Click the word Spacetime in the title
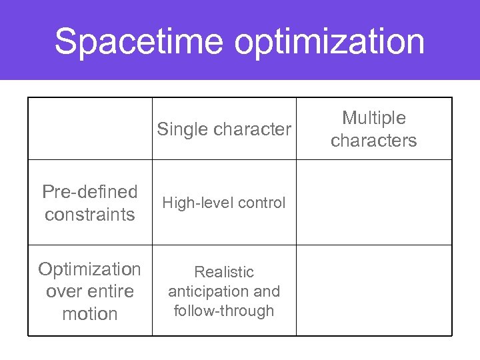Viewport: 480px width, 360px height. click(x=139, y=41)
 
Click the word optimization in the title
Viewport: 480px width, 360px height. click(x=329, y=41)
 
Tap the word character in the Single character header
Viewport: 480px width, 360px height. click(x=252, y=129)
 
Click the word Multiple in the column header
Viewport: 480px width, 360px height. click(x=373, y=118)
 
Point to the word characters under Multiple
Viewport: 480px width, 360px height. click(x=373, y=141)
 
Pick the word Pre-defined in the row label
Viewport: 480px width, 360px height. click(x=89, y=192)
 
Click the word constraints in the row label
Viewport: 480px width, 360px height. click(x=89, y=215)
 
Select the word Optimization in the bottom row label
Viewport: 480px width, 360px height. click(x=89, y=269)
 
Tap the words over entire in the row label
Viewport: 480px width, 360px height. click(x=89, y=291)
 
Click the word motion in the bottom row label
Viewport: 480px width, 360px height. click(x=89, y=314)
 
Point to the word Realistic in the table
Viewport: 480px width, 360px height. click(x=224, y=272)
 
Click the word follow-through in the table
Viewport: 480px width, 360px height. click(x=224, y=311)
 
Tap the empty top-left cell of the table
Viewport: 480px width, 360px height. click(x=90, y=129)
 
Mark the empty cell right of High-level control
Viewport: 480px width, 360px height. click(x=373, y=203)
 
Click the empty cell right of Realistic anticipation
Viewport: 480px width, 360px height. click(x=373, y=291)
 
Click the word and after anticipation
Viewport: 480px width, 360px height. click(x=267, y=291)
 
